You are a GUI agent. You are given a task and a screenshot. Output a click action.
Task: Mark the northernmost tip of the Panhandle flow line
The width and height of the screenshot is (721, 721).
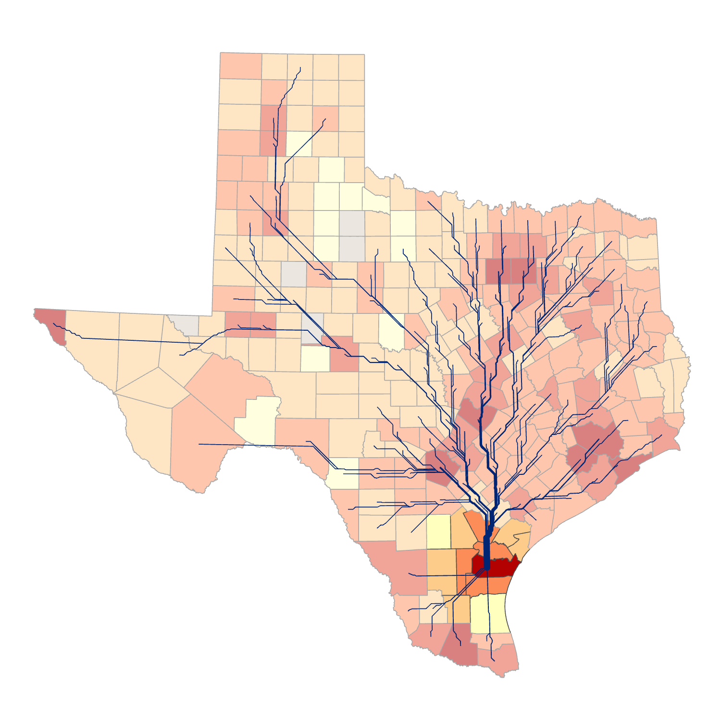[300, 68]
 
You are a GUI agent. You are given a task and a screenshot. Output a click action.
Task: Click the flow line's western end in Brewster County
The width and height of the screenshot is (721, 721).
[199, 444]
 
